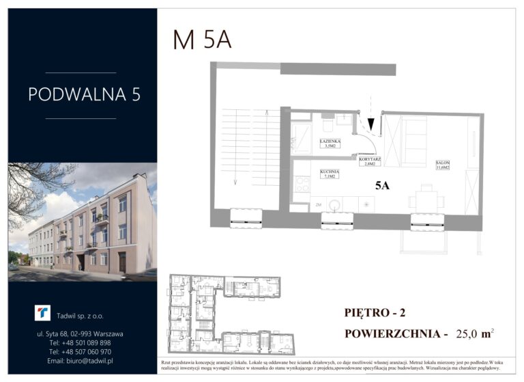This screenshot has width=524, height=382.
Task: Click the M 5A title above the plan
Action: tap(202, 40)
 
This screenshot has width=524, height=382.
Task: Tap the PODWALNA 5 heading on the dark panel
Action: tap(84, 94)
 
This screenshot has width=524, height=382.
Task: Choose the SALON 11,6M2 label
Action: tap(442, 166)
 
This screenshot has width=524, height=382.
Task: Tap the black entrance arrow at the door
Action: tap(371, 123)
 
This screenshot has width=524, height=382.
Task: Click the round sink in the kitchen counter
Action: tap(334, 204)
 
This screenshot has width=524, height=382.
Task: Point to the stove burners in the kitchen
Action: tap(302, 183)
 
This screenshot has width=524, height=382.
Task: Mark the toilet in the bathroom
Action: tap(327, 126)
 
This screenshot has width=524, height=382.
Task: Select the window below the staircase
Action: tap(246, 219)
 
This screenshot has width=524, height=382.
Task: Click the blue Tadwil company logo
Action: tap(42, 313)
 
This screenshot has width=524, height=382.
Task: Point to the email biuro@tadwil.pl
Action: tap(81, 360)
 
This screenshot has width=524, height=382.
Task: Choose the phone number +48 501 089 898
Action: tap(81, 342)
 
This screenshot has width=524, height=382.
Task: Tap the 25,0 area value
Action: tap(463, 335)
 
